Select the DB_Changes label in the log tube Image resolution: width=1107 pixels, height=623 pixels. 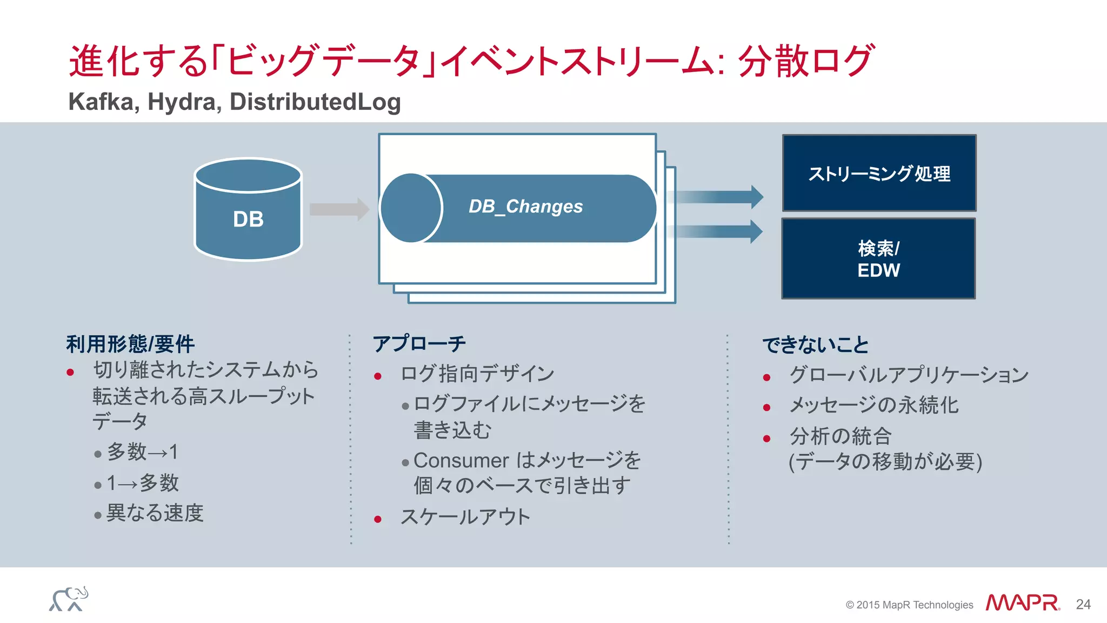click(x=525, y=207)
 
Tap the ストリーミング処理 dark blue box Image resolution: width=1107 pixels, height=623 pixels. click(x=879, y=173)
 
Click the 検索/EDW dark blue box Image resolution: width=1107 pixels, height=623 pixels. click(x=878, y=259)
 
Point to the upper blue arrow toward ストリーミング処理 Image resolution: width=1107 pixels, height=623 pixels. click(x=716, y=197)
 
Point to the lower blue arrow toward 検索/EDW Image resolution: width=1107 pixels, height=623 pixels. click(x=716, y=231)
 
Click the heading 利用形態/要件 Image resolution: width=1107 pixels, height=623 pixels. click(x=130, y=344)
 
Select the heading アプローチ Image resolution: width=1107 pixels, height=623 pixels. click(x=419, y=344)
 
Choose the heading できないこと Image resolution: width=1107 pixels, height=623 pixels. click(x=816, y=345)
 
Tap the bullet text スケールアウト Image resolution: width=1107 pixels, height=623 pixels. click(x=465, y=517)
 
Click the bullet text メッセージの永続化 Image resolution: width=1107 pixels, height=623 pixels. click(x=873, y=406)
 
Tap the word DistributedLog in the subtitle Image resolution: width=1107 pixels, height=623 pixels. click(x=315, y=102)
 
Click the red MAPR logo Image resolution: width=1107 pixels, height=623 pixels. click(x=1022, y=603)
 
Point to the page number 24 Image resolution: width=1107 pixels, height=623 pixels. click(x=1083, y=605)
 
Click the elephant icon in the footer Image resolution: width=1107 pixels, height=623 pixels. click(x=69, y=599)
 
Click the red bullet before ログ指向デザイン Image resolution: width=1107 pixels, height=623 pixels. click(x=378, y=376)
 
